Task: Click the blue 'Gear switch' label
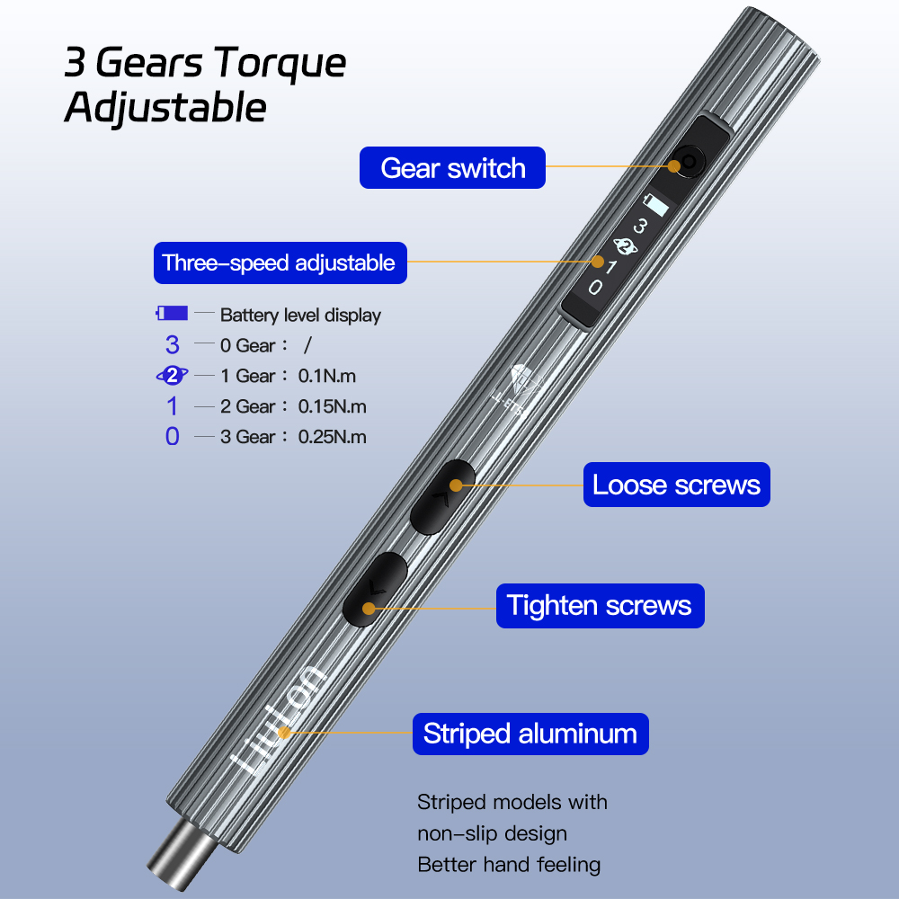[452, 167]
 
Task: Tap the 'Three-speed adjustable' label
[280, 263]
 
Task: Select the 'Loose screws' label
[677, 485]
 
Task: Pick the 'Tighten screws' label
[601, 605]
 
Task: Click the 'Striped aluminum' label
[530, 734]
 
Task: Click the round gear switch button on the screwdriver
[688, 163]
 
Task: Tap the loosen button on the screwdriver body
[442, 497]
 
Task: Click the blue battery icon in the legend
[172, 313]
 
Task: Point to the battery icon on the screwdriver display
[656, 205]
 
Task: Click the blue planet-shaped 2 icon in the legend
[172, 376]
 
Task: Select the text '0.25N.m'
[332, 437]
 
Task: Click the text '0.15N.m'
[332, 406]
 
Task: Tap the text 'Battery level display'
[300, 315]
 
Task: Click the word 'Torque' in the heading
[280, 64]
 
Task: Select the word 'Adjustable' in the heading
[165, 108]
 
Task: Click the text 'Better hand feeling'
[509, 865]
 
